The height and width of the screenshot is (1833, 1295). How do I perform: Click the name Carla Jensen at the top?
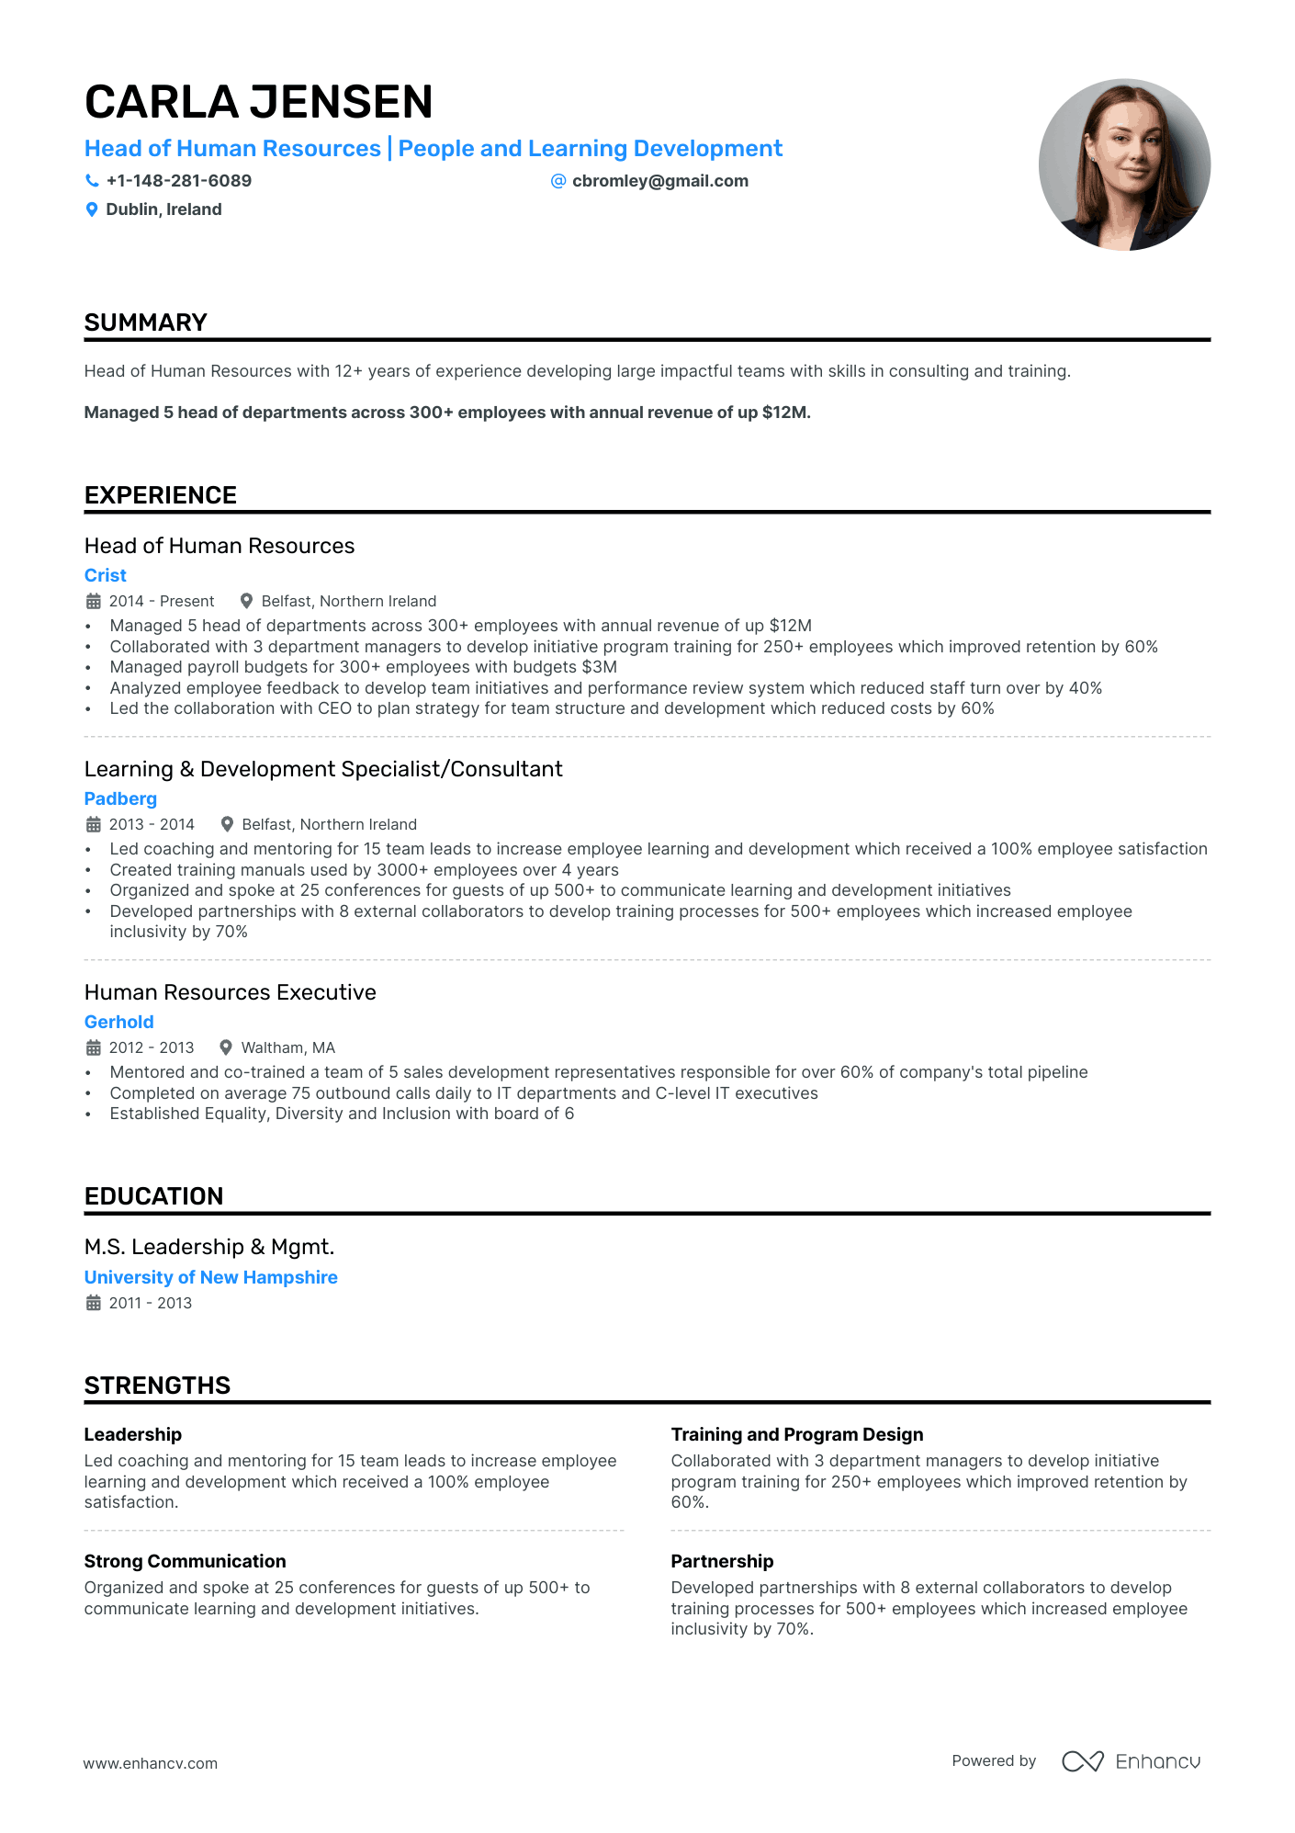pyautogui.click(x=258, y=102)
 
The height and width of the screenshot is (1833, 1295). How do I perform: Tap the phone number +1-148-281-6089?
pyautogui.click(x=178, y=181)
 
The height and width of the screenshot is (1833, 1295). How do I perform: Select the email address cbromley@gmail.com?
pyautogui.click(x=659, y=181)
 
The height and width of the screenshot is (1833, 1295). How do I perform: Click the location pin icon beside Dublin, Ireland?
pyautogui.click(x=92, y=209)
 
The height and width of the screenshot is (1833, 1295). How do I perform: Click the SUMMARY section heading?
pyautogui.click(x=146, y=322)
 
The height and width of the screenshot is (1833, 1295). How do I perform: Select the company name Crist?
pyautogui.click(x=106, y=575)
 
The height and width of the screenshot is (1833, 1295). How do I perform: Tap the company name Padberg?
pyautogui.click(x=120, y=798)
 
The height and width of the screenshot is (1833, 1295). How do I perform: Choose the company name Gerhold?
pyautogui.click(x=118, y=1022)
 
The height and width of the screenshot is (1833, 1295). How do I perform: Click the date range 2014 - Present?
pyautogui.click(x=161, y=601)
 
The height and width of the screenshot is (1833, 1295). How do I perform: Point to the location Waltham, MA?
pyautogui.click(x=287, y=1047)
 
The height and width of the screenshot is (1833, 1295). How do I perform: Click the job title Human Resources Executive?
pyautogui.click(x=230, y=992)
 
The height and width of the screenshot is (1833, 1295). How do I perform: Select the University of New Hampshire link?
pyautogui.click(x=210, y=1277)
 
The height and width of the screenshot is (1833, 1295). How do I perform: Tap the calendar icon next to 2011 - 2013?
pyautogui.click(x=94, y=1303)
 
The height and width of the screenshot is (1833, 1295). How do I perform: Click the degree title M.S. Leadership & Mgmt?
pyautogui.click(x=209, y=1247)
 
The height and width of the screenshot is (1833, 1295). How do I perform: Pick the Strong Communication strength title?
pyautogui.click(x=185, y=1561)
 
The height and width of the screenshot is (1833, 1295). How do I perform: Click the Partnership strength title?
pyautogui.click(x=722, y=1561)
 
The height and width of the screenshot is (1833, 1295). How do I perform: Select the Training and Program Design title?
pyautogui.click(x=796, y=1434)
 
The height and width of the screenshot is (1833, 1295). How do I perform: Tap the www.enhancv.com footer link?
pyautogui.click(x=151, y=1763)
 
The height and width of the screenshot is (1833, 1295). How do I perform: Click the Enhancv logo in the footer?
pyautogui.click(x=1131, y=1761)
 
